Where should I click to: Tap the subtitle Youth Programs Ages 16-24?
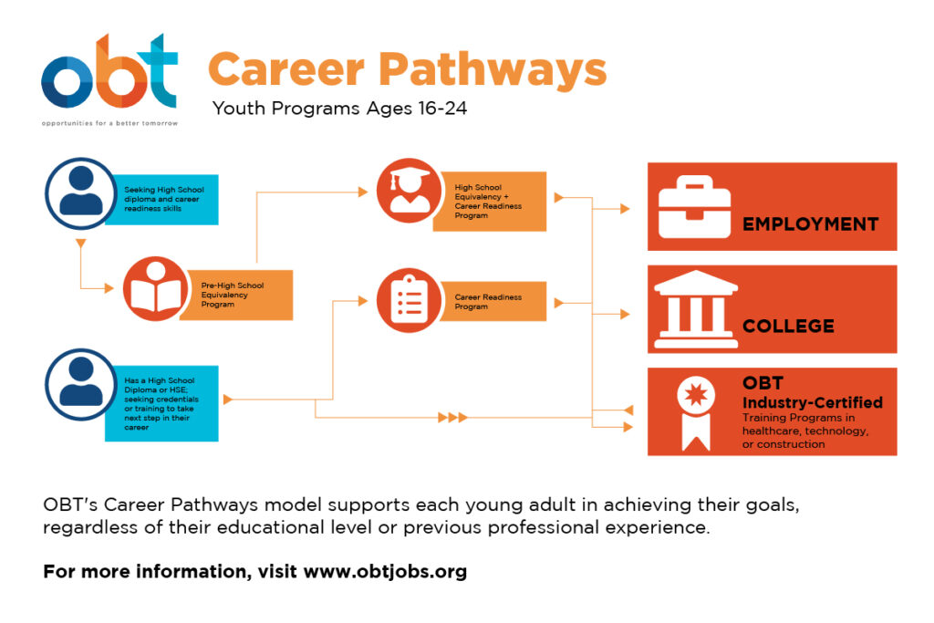[x=339, y=109]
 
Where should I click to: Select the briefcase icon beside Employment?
[x=694, y=207]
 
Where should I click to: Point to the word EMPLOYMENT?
[x=810, y=224]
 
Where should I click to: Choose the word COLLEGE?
[x=788, y=326]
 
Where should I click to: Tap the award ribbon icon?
[x=696, y=412]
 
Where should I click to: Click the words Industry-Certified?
[x=813, y=402]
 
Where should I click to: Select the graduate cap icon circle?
[x=409, y=191]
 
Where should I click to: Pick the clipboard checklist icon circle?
[x=409, y=300]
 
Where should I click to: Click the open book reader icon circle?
[x=155, y=289]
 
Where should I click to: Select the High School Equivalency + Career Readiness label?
[x=490, y=202]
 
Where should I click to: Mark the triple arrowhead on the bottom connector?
[x=452, y=418]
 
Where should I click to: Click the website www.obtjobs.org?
[x=385, y=571]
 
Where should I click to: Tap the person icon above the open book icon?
[x=81, y=193]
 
